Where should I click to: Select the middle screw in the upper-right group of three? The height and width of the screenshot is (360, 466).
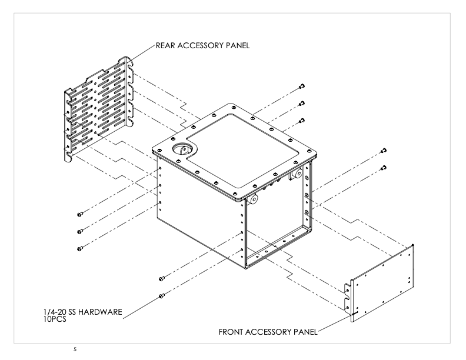click(x=302, y=104)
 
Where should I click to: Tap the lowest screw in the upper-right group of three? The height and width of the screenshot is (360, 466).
click(x=302, y=121)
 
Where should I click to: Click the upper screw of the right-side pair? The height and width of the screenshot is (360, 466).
click(x=384, y=151)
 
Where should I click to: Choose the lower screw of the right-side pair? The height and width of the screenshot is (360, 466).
click(x=384, y=168)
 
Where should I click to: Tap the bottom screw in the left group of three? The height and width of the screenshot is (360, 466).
click(x=79, y=248)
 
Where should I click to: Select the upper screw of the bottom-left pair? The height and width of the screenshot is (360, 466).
click(x=162, y=278)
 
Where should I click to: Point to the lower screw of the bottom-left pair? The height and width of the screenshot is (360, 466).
click(x=162, y=295)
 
